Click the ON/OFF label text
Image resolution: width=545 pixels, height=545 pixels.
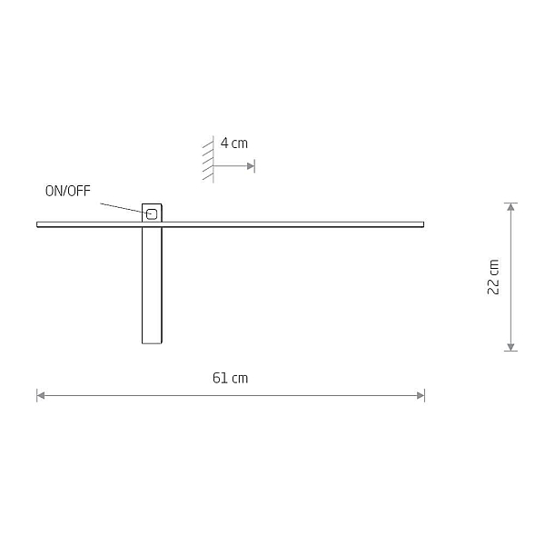click(x=68, y=191)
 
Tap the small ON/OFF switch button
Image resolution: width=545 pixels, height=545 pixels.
click(x=152, y=214)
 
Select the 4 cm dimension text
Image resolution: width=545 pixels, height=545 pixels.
click(x=234, y=143)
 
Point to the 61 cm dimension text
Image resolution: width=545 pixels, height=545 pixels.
click(x=230, y=378)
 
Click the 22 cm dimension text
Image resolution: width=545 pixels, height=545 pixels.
click(x=493, y=277)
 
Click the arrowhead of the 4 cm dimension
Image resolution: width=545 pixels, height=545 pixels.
click(x=251, y=166)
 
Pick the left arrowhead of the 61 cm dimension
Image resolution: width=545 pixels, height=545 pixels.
click(x=41, y=395)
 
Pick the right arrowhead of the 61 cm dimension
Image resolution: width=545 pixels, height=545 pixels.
click(x=421, y=395)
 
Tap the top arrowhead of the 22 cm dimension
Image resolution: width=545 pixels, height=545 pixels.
click(x=510, y=207)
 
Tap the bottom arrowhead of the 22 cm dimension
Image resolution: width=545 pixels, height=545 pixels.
click(x=510, y=347)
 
